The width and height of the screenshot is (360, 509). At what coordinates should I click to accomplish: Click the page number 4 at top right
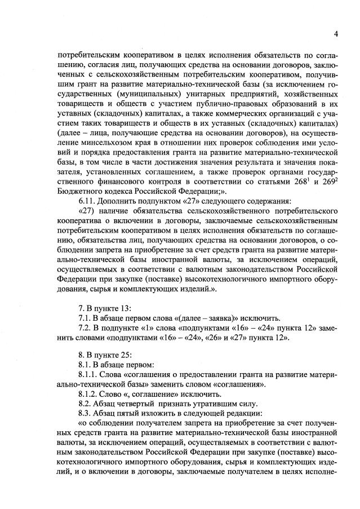pos(335,34)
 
